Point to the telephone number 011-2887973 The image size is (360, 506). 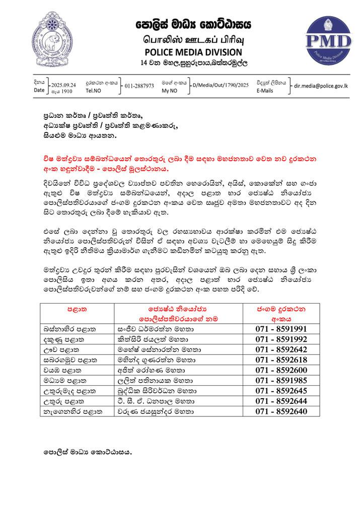click(139, 86)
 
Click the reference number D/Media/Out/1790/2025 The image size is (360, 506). click(221, 86)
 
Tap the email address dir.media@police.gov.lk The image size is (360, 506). click(322, 86)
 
